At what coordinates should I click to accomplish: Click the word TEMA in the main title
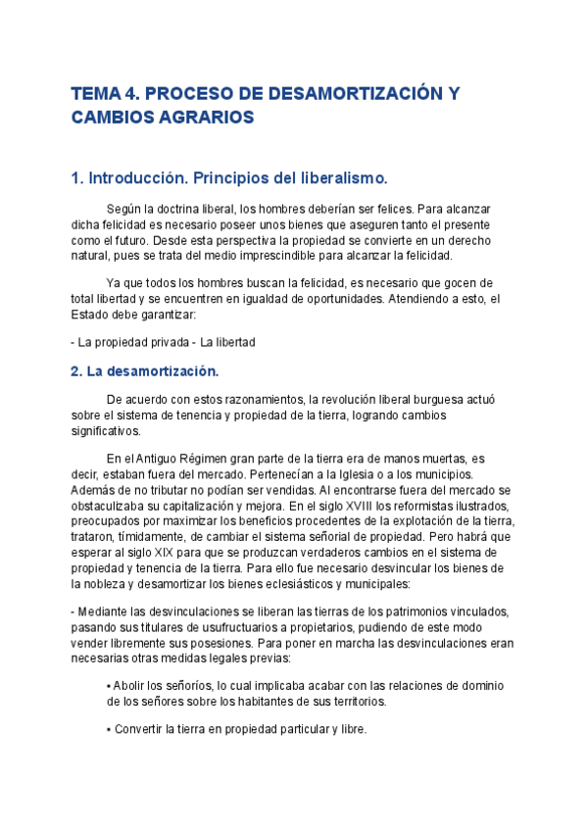(x=93, y=94)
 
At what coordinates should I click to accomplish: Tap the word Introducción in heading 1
(x=138, y=178)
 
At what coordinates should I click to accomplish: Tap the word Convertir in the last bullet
(x=141, y=729)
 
